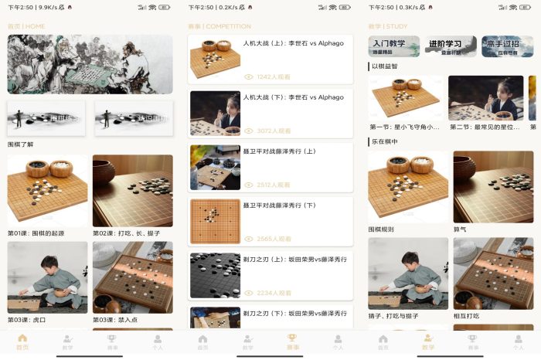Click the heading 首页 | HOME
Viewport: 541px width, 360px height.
[26, 26]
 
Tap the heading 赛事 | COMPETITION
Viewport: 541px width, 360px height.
[219, 26]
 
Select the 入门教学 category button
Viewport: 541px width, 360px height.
[394, 46]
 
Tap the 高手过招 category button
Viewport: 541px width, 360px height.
[507, 46]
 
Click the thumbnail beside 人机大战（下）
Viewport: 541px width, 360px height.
[216, 113]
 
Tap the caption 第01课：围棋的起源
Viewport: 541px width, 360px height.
[36, 233]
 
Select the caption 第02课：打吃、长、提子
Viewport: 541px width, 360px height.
[127, 233]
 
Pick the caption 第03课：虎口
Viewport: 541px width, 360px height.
[27, 319]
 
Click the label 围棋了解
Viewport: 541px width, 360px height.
[22, 144]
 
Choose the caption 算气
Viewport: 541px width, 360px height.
[461, 229]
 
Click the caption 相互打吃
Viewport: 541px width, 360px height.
[466, 316]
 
